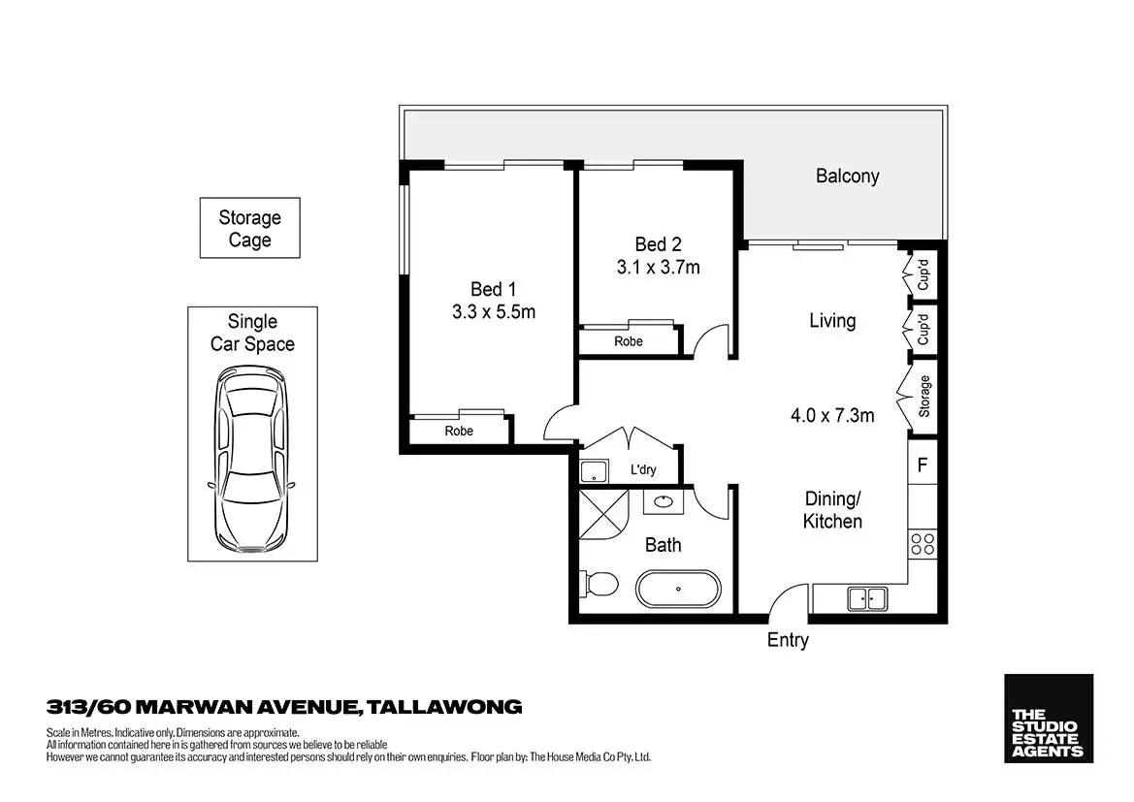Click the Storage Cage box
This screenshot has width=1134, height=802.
[249, 229]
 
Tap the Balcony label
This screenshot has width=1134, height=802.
[847, 176]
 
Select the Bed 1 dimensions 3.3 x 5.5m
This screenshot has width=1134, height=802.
[494, 312]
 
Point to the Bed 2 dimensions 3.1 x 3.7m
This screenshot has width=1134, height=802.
[658, 267]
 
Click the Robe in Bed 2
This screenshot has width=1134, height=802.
[628, 341]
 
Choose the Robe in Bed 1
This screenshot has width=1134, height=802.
[459, 431]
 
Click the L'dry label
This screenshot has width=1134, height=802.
[643, 470]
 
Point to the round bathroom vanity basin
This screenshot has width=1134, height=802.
[664, 502]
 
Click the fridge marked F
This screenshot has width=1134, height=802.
[923, 465]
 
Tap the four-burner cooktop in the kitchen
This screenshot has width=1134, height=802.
[923, 543]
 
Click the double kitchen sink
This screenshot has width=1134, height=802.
[867, 598]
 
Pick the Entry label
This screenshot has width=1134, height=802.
[787, 640]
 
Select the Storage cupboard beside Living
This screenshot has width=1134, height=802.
[923, 396]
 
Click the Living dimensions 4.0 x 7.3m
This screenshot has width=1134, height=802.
[833, 416]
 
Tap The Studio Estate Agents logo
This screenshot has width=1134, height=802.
[1048, 719]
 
